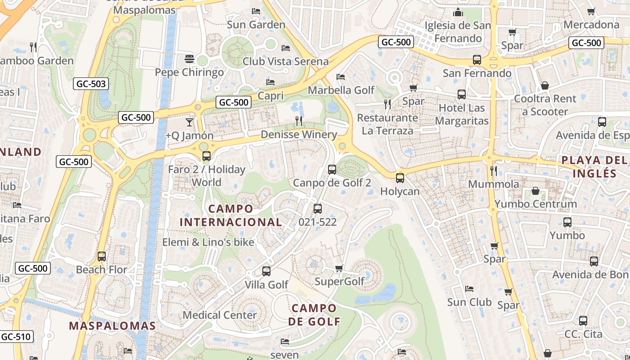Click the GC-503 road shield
coord(91,84)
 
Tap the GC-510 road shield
coord(16,337)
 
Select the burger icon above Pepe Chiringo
coord(189,59)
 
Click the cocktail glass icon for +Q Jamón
coord(189,122)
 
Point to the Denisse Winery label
coord(299,135)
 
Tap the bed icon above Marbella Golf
coord(341,77)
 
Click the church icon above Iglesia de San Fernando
coord(458,12)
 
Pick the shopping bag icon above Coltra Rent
coord(544,85)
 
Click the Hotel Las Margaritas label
coord(462,114)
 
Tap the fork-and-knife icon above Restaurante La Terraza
coord(387,104)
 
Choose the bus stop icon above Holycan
coord(400,178)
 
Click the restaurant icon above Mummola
coord(494,171)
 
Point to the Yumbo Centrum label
coord(535,204)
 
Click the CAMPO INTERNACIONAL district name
coord(231,215)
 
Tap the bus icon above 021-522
coord(317,209)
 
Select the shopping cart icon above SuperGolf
coord(339,269)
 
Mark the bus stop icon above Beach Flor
coord(102,256)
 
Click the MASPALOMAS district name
coord(112,326)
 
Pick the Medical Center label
coord(220,315)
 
